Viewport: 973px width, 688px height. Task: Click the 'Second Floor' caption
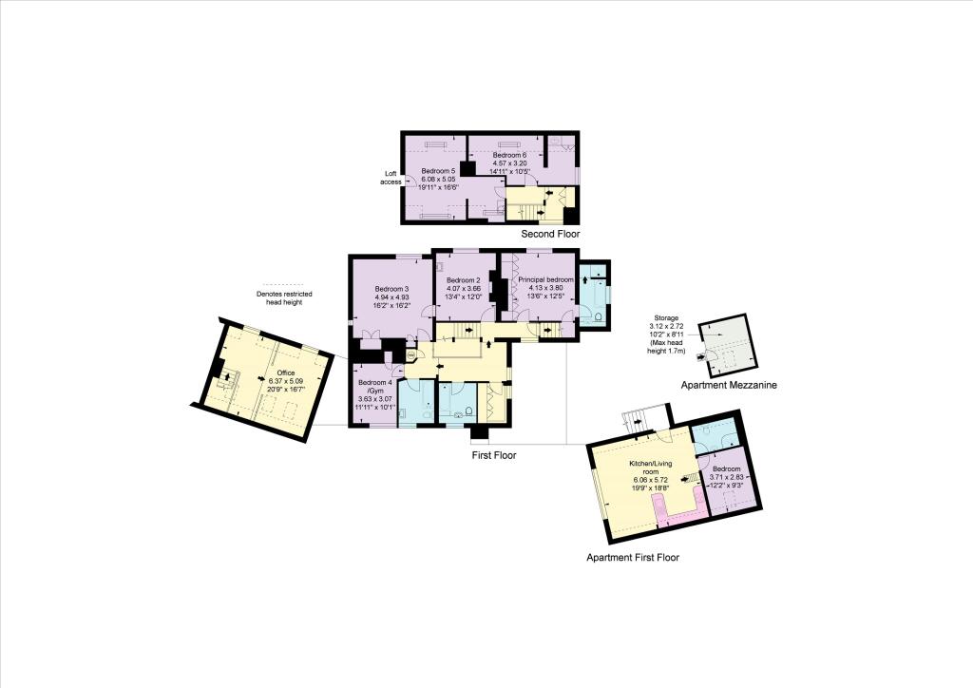click(550, 234)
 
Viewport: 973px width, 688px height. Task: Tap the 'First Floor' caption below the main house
click(494, 455)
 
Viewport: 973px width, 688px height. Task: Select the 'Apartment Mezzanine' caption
click(729, 385)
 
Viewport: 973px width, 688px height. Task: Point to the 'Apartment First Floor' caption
click(633, 558)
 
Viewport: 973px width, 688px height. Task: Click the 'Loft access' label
click(391, 178)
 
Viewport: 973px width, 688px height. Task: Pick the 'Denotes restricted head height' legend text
click(284, 297)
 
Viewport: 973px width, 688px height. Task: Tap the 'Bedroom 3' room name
click(391, 289)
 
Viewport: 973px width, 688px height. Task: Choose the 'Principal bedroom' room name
click(546, 279)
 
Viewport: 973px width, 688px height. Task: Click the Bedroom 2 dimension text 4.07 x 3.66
click(464, 289)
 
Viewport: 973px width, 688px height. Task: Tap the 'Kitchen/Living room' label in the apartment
click(650, 468)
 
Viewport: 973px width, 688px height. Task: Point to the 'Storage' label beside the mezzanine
click(666, 318)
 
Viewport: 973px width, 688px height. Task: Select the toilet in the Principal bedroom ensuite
click(599, 316)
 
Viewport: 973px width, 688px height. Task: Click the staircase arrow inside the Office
click(227, 376)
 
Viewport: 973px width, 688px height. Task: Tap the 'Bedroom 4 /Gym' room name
click(375, 387)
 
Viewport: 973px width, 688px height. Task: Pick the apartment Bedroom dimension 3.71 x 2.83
click(727, 477)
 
